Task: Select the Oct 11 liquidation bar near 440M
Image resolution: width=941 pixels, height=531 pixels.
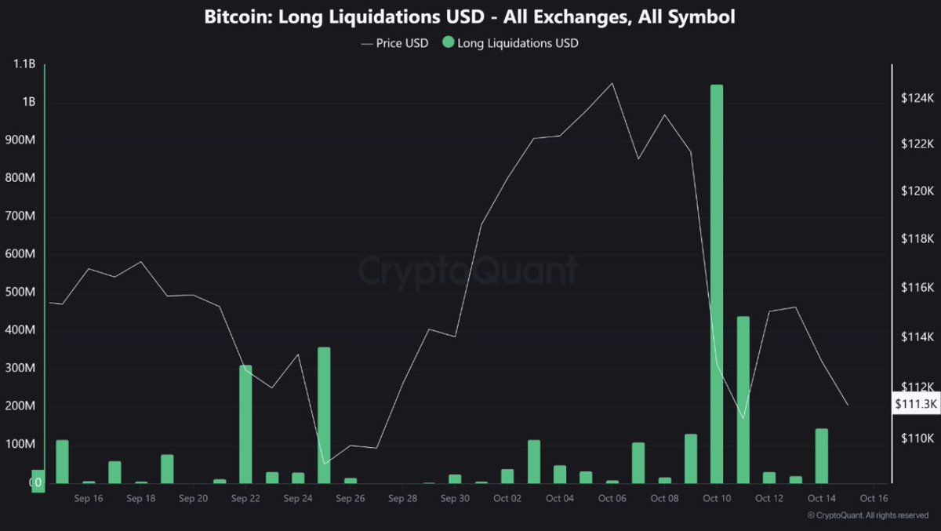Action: pos(743,399)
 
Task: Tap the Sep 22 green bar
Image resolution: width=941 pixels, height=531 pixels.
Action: pos(245,424)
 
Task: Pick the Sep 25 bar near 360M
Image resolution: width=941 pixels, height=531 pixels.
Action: pos(324,415)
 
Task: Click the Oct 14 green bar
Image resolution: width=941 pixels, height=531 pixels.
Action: pos(821,456)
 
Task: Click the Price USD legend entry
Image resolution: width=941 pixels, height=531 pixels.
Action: pos(395,43)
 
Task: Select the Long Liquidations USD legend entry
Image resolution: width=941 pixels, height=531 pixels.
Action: pos(510,43)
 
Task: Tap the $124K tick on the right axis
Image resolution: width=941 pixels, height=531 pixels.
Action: pos(917,99)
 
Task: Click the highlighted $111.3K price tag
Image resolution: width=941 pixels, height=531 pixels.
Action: pos(916,403)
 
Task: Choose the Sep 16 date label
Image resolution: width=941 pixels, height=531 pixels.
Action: pos(88,498)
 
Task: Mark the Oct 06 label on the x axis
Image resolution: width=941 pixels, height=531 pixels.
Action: pos(612,498)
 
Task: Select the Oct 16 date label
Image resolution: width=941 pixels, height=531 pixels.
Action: pos(874,498)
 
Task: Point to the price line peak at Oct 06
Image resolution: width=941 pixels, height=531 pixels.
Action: pos(612,83)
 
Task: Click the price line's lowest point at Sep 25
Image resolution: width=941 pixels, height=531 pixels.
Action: pos(325,464)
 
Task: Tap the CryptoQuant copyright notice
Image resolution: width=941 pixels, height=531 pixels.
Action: pos(868,515)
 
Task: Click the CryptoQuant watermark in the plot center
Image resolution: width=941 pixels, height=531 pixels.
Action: pos(468,271)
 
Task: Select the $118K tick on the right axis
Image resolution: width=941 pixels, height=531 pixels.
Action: pos(917,239)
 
